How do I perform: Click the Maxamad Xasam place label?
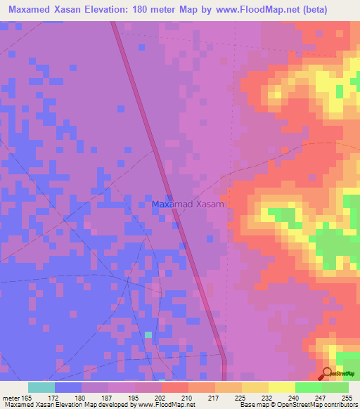point(188,204)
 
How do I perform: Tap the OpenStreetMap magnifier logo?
point(328,372)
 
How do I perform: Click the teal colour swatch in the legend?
point(41,387)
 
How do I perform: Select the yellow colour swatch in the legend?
point(281,387)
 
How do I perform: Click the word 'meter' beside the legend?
point(12,398)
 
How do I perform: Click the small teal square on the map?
point(148,334)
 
